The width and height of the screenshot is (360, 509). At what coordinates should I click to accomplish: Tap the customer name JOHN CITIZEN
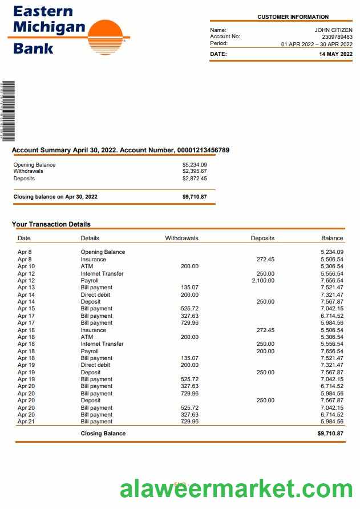click(x=333, y=30)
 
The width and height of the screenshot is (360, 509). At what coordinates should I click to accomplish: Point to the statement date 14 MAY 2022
click(x=335, y=54)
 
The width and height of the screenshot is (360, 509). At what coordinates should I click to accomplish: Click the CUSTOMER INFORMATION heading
click(x=293, y=17)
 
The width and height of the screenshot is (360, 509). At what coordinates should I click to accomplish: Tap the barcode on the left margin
click(x=8, y=111)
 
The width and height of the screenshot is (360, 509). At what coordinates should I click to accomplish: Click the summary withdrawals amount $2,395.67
click(x=195, y=171)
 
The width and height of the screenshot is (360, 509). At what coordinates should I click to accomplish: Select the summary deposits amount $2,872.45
click(x=195, y=179)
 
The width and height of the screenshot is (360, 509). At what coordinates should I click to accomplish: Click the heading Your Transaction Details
click(x=51, y=224)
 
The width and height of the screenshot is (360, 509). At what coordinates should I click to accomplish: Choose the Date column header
click(x=24, y=238)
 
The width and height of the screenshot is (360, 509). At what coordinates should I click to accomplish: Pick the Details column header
click(x=90, y=238)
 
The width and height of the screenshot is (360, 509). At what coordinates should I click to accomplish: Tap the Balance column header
click(x=332, y=238)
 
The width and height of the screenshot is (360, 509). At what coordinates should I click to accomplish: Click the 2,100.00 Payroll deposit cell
click(x=263, y=281)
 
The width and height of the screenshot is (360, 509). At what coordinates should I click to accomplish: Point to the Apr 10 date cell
click(x=26, y=266)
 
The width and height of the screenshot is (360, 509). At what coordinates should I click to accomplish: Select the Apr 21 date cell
click(x=26, y=422)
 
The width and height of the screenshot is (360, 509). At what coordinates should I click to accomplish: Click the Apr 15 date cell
click(x=26, y=309)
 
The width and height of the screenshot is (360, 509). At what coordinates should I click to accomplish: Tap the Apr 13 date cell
click(x=26, y=288)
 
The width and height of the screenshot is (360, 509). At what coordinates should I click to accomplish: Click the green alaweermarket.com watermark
click(x=236, y=489)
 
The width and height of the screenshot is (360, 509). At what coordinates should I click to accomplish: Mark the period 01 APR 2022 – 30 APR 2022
click(x=317, y=44)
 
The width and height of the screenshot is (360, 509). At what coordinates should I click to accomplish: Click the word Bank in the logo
click(x=33, y=48)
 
